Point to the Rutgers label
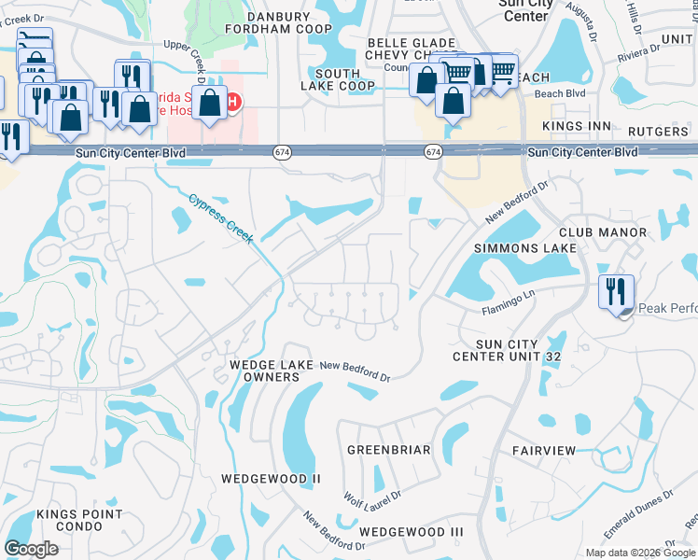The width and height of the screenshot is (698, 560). click(659, 132)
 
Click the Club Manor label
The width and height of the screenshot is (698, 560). click(603, 231)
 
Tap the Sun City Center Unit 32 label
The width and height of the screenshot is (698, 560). click(508, 350)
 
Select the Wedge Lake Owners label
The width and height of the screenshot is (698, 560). click(266, 371)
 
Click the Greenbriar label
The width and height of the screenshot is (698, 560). click(389, 450)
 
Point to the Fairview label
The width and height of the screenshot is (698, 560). click(544, 451)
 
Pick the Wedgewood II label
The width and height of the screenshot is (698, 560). click(271, 479)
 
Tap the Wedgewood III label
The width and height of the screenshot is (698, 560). click(412, 531)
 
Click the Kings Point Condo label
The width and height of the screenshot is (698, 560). click(79, 521)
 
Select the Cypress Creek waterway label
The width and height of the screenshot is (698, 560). click(221, 218)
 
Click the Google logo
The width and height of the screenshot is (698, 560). click(32, 549)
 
